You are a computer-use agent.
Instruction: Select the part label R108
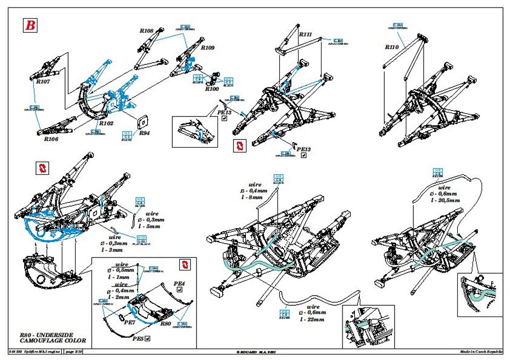(x=147, y=31)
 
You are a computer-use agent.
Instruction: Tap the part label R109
(x=208, y=48)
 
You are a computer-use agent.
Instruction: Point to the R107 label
(x=43, y=82)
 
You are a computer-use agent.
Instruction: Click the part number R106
(x=51, y=138)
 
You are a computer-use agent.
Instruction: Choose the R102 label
(x=106, y=123)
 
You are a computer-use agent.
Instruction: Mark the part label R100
(x=212, y=89)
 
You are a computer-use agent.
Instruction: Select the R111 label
(x=306, y=34)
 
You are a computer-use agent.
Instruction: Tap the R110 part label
(x=392, y=47)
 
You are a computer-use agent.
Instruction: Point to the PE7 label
(x=129, y=322)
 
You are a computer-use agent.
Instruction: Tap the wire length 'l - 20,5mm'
(x=445, y=200)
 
